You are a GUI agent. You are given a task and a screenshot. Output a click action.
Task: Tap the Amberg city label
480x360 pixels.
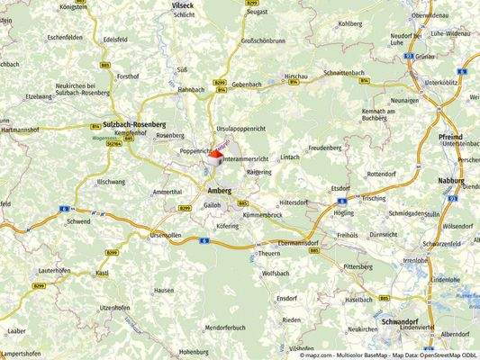pyautogui.click(x=219, y=192)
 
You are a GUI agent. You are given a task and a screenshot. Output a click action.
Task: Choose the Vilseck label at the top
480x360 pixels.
pyautogui.click(x=183, y=4)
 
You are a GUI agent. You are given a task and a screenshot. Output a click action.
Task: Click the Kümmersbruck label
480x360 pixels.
pyautogui.click(x=263, y=215)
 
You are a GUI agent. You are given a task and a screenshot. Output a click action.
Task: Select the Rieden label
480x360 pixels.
pyautogui.click(x=291, y=319)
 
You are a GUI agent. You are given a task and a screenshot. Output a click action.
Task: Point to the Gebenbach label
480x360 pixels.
pyautogui.click(x=246, y=83)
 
